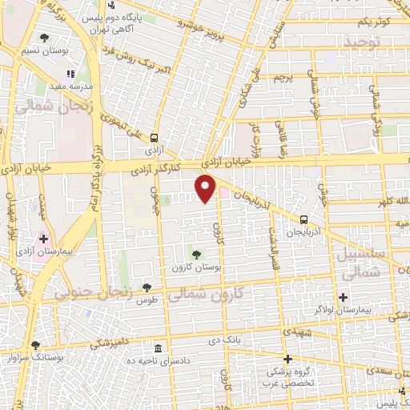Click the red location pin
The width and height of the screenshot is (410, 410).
click(206, 188)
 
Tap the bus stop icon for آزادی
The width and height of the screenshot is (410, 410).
click(153, 137)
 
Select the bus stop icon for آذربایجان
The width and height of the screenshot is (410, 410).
click(304, 219)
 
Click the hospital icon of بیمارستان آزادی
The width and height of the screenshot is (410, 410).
click(44, 238)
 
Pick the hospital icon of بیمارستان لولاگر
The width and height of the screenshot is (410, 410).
click(343, 297)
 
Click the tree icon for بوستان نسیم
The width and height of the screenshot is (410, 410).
click(44, 38)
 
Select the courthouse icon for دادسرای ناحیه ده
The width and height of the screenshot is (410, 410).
click(158, 349)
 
